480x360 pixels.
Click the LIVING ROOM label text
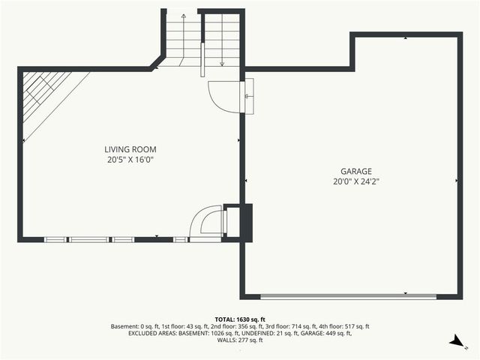tap(130, 149)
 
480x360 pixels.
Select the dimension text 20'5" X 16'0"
tap(130, 160)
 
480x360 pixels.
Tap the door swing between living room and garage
tap(223, 96)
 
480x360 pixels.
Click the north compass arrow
tap(454, 342)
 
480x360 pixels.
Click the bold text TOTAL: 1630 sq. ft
tap(240, 319)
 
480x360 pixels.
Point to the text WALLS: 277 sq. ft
tap(240, 340)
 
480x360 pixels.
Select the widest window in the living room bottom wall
tap(89, 239)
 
